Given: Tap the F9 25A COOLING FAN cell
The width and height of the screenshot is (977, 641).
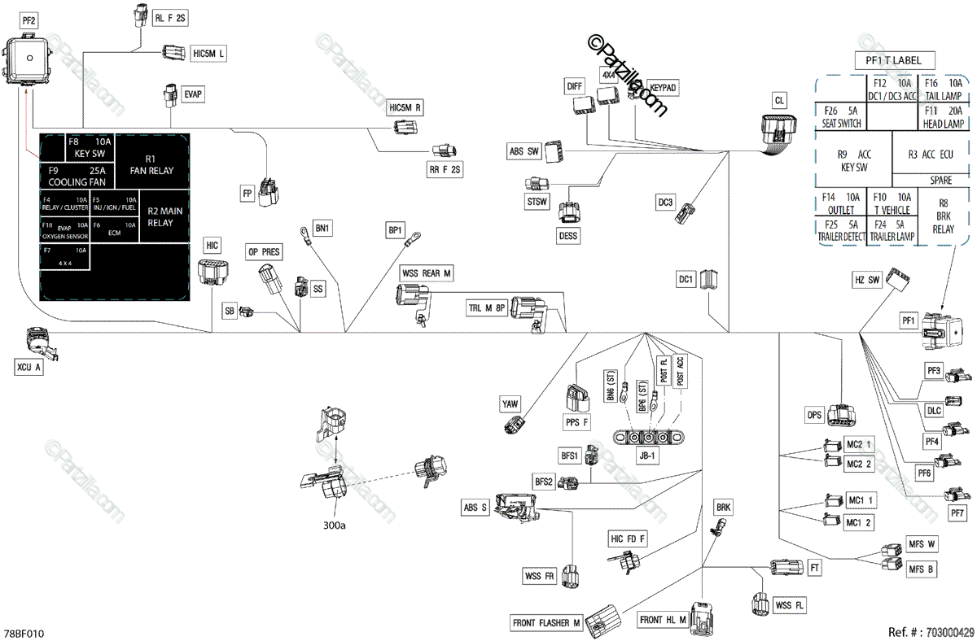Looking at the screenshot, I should click(x=77, y=177).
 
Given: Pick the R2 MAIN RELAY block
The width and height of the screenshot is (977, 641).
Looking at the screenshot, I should click(x=165, y=216).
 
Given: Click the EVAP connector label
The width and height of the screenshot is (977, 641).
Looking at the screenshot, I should click(x=192, y=95).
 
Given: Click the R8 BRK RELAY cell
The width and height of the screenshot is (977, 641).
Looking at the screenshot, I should click(x=943, y=216).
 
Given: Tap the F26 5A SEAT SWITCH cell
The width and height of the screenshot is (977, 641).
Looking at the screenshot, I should click(x=839, y=116).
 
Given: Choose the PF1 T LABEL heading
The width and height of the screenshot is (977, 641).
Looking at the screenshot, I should click(x=894, y=59).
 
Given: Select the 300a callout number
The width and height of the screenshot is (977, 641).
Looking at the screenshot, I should click(x=333, y=525).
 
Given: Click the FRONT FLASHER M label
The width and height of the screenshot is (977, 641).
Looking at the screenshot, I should click(x=546, y=623).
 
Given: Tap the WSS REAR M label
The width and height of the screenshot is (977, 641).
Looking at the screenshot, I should click(x=426, y=274).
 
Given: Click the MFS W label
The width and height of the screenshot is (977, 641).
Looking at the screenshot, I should click(x=922, y=543).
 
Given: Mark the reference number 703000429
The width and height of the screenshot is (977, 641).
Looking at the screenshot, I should click(x=931, y=631).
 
